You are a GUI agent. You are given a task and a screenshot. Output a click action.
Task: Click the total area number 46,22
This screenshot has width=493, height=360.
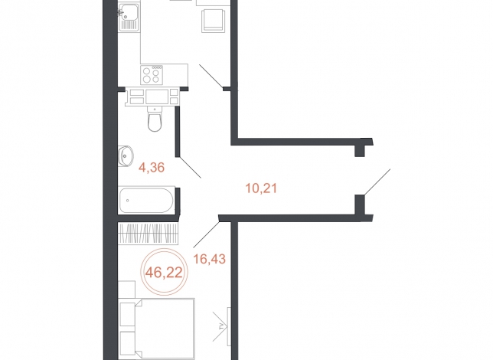[x=164, y=272]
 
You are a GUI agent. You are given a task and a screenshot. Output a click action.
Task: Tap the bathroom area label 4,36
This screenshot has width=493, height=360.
[x=152, y=168]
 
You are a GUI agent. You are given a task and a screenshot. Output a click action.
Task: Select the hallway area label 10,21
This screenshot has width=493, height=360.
[x=261, y=188]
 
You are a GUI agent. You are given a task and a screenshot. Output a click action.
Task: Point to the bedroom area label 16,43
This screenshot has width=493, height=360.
[x=210, y=259]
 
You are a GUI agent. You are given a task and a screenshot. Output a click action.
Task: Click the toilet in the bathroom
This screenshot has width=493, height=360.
[x=155, y=119]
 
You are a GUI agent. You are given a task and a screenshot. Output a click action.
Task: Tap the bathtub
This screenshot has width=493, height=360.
[x=146, y=200]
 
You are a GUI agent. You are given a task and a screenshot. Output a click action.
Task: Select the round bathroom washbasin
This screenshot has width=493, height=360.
[x=126, y=156]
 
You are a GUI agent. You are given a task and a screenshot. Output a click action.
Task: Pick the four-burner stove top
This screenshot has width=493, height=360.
[x=152, y=75]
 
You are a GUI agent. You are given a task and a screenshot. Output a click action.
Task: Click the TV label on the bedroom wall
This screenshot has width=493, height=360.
[x=222, y=326]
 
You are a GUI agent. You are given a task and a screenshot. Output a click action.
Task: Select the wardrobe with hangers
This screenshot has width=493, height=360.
[x=148, y=233]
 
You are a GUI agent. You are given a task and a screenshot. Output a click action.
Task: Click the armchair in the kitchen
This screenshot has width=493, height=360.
[x=213, y=20]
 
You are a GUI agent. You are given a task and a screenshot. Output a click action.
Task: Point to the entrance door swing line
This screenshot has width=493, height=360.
[x=377, y=182]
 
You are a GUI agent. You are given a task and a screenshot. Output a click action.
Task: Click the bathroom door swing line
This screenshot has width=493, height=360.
[x=190, y=167]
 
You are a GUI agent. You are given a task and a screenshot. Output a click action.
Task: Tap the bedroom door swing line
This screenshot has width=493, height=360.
[x=206, y=234]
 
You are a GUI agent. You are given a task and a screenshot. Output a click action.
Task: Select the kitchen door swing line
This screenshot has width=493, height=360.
[x=211, y=76]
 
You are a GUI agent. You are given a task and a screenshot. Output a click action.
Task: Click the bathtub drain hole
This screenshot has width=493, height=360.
[x=127, y=200]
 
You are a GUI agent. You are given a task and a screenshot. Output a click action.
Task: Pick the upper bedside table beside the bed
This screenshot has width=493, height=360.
[x=128, y=314]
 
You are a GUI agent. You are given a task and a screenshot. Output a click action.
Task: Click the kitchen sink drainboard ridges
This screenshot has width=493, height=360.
[x=129, y=25]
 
